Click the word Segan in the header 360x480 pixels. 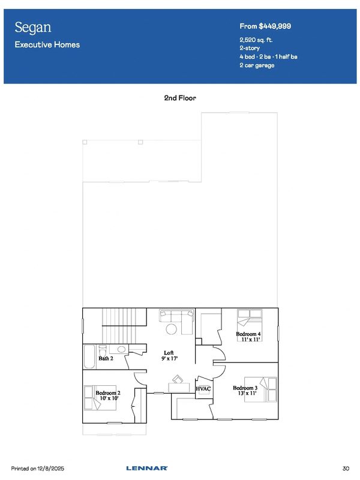33,28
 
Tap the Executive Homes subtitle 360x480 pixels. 47,44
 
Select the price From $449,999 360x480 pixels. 265,26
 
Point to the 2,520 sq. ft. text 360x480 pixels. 256,40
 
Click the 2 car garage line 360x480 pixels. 257,65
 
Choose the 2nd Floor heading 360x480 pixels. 180,98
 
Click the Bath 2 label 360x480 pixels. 106,358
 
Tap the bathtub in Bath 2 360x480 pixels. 89,357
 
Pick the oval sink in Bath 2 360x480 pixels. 122,349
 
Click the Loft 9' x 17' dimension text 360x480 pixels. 170,358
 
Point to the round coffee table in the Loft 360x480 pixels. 172,329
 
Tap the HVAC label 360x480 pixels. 203,389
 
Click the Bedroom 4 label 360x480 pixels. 248,334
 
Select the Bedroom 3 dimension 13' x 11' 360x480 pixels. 247,393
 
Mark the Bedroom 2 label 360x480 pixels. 108,393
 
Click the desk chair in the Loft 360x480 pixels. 178,379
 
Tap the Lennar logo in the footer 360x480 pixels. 147,469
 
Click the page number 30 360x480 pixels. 346,469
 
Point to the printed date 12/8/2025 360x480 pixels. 51,469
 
